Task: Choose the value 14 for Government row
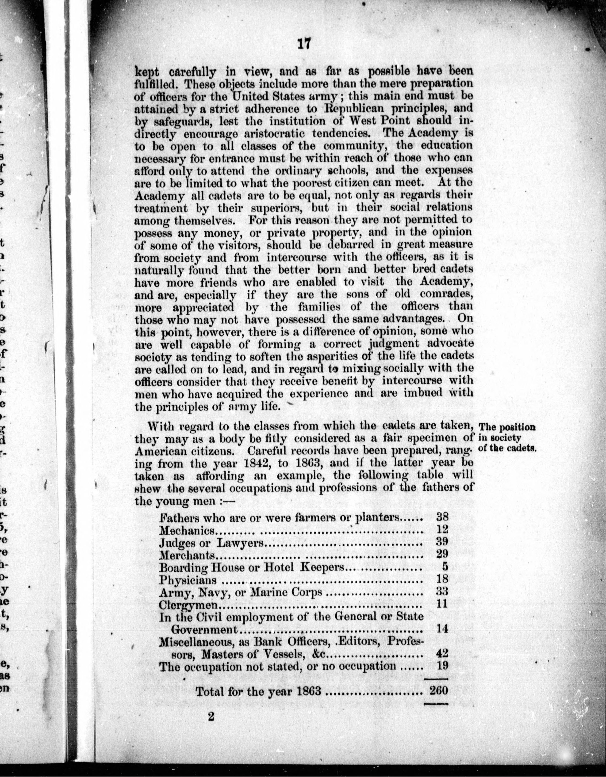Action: click(442, 629)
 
